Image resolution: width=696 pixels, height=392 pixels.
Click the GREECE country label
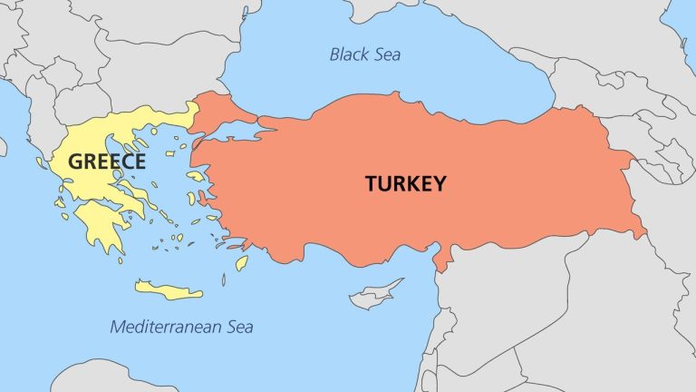coord(107,162)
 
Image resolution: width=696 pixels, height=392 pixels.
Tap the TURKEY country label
coord(405,183)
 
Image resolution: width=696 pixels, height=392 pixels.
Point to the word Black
coord(348,54)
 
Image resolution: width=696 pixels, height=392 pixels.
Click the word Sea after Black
coord(386,54)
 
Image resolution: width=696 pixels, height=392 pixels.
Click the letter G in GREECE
coord(76,162)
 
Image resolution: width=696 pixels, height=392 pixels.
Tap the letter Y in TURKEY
coord(439,183)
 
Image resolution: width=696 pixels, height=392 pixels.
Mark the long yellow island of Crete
coord(169,290)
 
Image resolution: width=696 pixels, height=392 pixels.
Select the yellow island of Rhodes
coord(241,263)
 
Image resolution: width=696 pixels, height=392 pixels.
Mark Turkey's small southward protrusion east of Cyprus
coord(441,260)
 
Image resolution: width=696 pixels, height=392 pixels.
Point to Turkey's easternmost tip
coord(644,233)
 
